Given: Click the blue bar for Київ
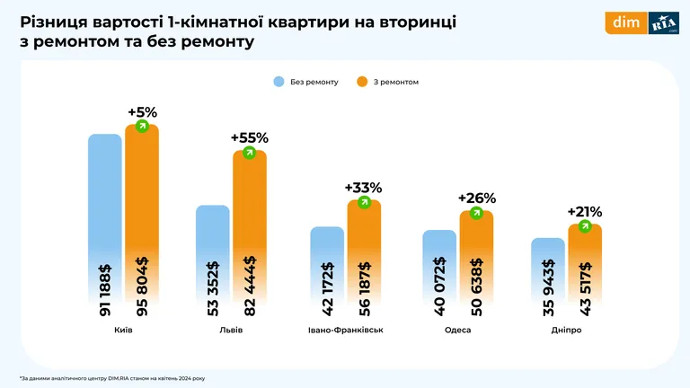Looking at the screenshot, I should (x=104, y=225).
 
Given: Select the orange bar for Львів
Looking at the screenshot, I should (x=250, y=234).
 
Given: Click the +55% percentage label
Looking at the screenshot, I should (x=249, y=138).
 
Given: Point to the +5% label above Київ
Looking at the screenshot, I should (x=142, y=112).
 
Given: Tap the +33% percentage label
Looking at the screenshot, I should (x=363, y=188).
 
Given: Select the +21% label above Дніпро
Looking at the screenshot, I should (x=584, y=212).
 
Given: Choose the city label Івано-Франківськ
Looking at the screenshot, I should (x=346, y=331).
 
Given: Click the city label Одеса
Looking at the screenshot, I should (x=457, y=331).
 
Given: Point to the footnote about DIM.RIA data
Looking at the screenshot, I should (x=112, y=377).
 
